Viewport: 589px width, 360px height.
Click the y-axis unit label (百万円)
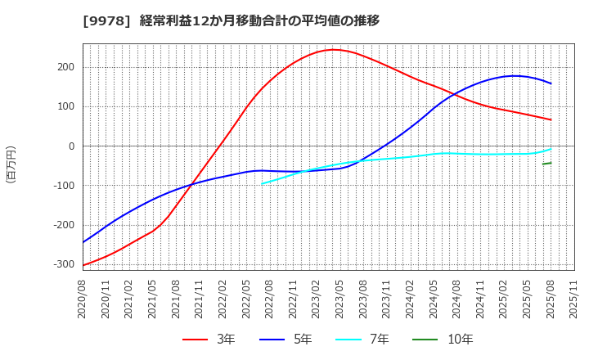pos(11,164)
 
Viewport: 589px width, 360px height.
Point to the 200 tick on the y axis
pos(66,68)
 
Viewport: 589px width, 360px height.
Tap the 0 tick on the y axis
pos(72,146)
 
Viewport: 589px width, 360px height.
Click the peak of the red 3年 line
pos(333,50)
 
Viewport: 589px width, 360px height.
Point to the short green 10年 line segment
pos(546,164)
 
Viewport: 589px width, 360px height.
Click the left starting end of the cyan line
pos(262,183)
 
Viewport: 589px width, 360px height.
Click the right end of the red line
pos(551,119)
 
